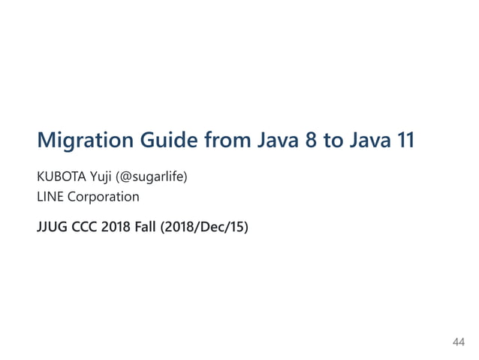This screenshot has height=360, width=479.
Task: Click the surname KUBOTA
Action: [x=62, y=177]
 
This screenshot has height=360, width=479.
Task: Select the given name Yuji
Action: [x=104, y=178]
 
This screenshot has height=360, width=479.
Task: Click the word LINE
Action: [x=50, y=198]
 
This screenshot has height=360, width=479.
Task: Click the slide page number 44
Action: [x=459, y=343]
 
